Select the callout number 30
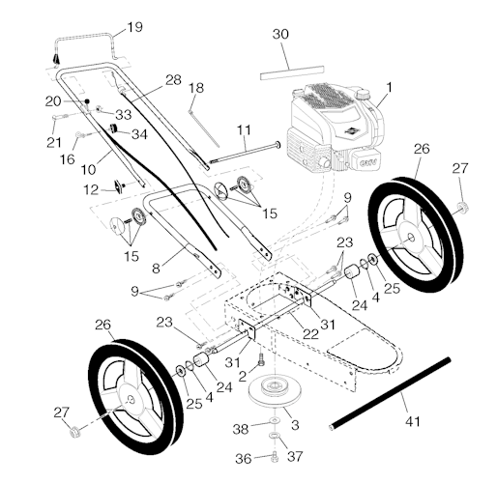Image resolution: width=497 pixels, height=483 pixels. tap(280, 34)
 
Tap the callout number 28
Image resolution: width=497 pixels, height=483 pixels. tap(173, 79)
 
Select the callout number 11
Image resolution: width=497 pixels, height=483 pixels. tap(243, 128)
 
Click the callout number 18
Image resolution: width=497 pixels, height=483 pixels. tap(196, 88)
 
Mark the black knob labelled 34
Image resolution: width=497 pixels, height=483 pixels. tap(115, 129)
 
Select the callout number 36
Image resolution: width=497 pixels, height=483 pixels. tap(244, 458)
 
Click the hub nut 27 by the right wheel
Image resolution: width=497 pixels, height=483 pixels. tap(462, 205)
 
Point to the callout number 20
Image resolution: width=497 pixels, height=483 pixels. tap(53, 100)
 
